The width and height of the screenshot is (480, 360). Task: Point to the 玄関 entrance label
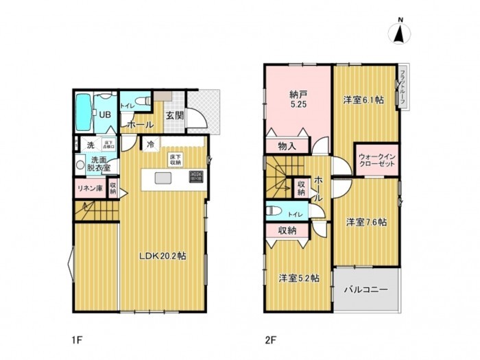(174, 115)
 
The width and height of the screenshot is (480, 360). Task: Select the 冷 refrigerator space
(150, 145)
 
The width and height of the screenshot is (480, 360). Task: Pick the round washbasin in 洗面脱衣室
(81, 165)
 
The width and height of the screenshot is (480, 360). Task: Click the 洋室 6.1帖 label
(363, 100)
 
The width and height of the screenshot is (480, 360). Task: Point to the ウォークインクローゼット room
(376, 160)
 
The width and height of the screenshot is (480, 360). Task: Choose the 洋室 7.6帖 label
(365, 222)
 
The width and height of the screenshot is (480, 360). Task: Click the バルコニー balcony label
(366, 290)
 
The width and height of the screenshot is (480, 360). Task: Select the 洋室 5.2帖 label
(299, 278)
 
